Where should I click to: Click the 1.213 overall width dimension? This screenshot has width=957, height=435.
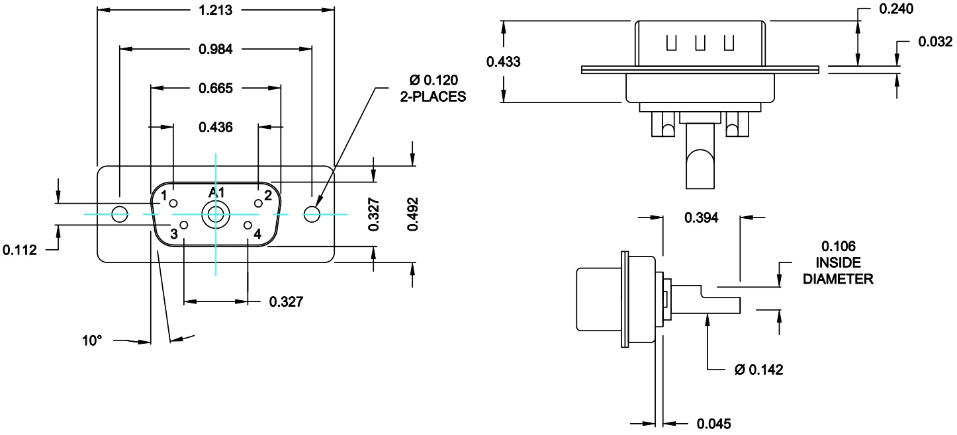(x=215, y=10)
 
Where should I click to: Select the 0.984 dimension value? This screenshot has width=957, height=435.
(x=216, y=49)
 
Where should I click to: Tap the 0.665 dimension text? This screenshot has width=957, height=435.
(x=216, y=89)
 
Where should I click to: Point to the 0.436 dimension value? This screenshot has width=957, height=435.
(x=216, y=127)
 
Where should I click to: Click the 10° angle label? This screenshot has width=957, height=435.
(x=92, y=340)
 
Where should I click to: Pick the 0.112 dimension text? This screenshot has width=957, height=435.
(x=20, y=250)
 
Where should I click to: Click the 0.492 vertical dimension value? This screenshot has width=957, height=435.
(x=412, y=214)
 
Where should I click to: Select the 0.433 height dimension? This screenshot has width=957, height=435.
(x=503, y=62)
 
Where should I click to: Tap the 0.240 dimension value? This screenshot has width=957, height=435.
(x=896, y=9)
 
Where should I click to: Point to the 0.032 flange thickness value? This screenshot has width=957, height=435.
(x=936, y=42)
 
